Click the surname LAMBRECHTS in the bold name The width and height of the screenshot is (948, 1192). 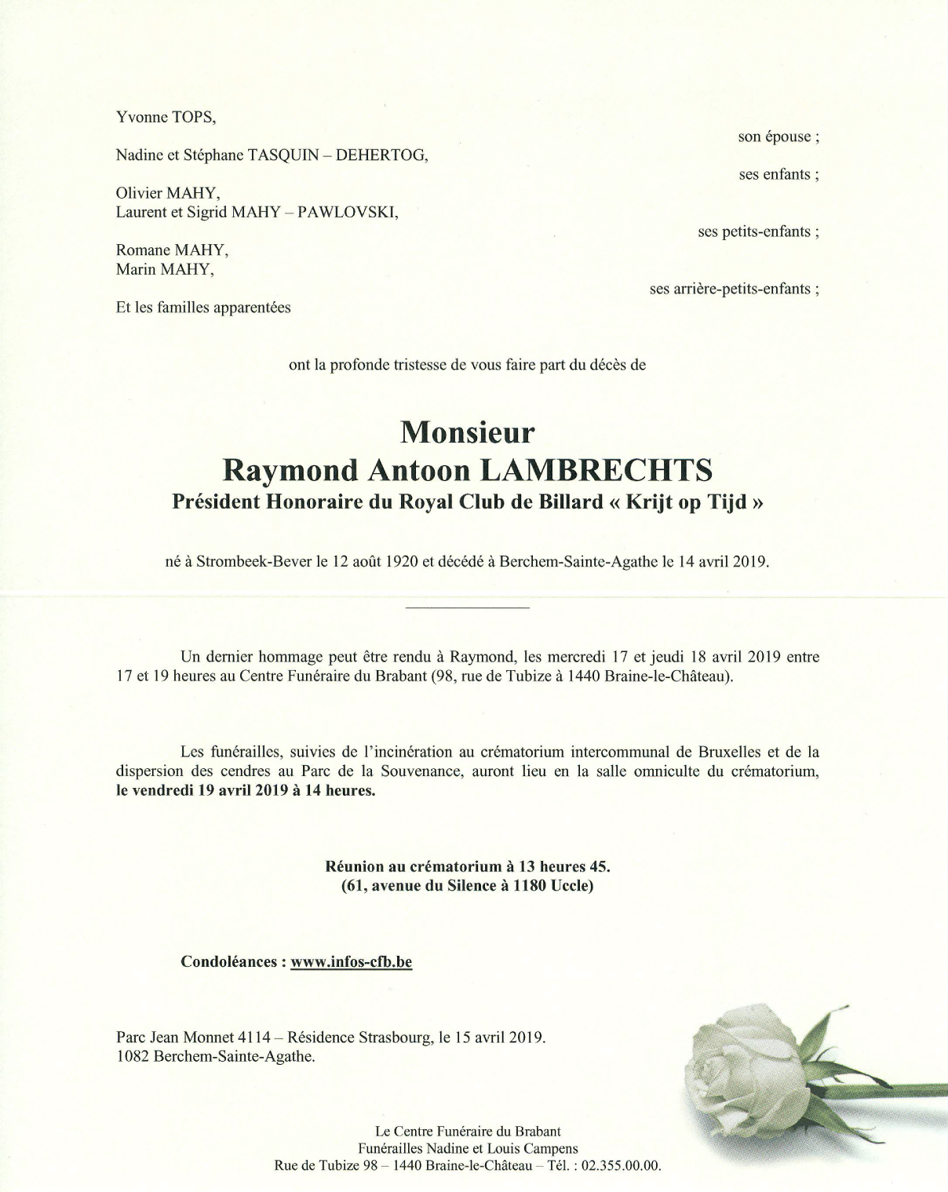coord(596,470)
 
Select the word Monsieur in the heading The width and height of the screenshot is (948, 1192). coord(468,432)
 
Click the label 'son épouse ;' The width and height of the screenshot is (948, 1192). coord(778,137)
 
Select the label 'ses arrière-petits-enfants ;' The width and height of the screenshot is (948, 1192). coord(734,289)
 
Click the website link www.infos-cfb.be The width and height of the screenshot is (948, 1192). coord(351,961)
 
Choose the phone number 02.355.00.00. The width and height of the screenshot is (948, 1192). coord(622,1165)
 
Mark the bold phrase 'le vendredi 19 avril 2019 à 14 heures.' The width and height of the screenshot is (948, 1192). coord(246,790)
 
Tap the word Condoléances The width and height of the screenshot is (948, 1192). coord(228,961)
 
